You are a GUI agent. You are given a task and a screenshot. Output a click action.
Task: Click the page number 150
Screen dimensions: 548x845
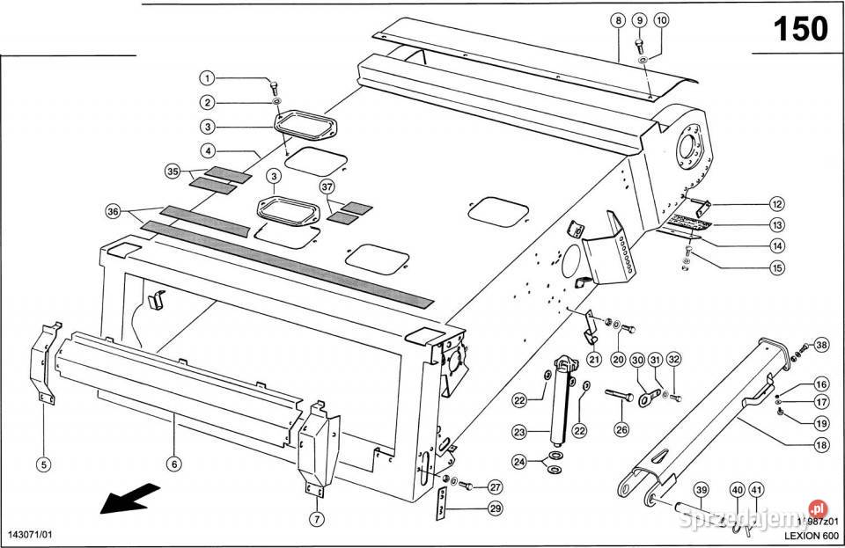pyautogui.click(x=799, y=29)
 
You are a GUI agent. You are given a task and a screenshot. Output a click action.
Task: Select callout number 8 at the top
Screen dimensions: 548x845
pyautogui.click(x=620, y=20)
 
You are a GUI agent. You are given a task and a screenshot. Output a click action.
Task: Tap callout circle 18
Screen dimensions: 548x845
pyautogui.click(x=821, y=446)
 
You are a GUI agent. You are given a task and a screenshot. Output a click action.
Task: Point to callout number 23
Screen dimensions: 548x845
pyautogui.click(x=518, y=433)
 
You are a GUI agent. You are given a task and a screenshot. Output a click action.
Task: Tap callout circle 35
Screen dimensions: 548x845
pyautogui.click(x=172, y=172)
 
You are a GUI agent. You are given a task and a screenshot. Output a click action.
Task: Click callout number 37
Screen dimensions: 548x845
pyautogui.click(x=327, y=186)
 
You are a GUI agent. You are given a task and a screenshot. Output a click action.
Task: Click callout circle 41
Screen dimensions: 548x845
pyautogui.click(x=758, y=490)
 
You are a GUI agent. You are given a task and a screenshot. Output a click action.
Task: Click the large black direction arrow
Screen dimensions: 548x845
pyautogui.click(x=127, y=500)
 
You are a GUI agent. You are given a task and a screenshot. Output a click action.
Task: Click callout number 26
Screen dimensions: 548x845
pyautogui.click(x=621, y=431)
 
